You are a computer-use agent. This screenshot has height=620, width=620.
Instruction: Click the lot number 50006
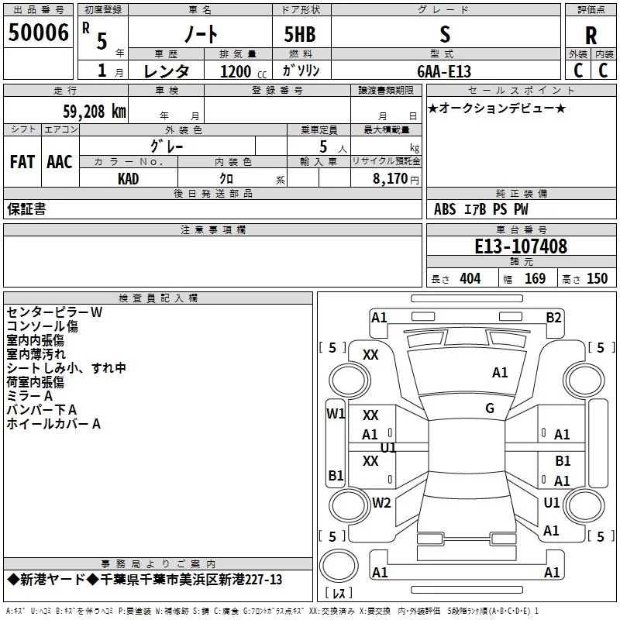point(38,33)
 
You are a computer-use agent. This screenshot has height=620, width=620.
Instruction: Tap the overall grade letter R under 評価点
point(591,36)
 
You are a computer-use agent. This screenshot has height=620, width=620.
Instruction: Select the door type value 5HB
point(300,34)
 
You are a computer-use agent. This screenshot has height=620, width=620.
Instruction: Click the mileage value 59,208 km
point(95,112)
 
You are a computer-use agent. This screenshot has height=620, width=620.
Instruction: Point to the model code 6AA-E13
point(444,71)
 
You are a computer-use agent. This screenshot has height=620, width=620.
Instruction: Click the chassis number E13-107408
point(521,246)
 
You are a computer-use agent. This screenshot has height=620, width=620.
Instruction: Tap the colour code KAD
point(128,179)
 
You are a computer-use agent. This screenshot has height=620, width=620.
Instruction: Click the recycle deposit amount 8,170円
point(396,179)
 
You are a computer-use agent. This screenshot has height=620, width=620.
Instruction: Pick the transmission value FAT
point(22,162)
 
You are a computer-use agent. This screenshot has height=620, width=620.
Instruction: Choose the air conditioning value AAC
point(60,162)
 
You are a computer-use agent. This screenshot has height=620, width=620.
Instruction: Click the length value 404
point(470,279)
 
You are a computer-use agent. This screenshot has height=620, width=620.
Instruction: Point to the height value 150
point(597,279)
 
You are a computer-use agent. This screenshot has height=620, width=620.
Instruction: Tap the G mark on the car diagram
point(490,408)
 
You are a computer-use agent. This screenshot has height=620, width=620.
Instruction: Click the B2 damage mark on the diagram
point(553,318)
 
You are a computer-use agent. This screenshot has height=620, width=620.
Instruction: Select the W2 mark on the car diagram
point(381,502)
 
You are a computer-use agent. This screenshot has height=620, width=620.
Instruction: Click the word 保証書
point(26,209)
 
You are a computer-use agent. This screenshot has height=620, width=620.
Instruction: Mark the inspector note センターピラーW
point(54,312)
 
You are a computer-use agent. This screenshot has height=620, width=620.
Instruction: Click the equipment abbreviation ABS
point(445,209)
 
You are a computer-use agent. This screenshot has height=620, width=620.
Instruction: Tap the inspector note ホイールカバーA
point(53,424)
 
